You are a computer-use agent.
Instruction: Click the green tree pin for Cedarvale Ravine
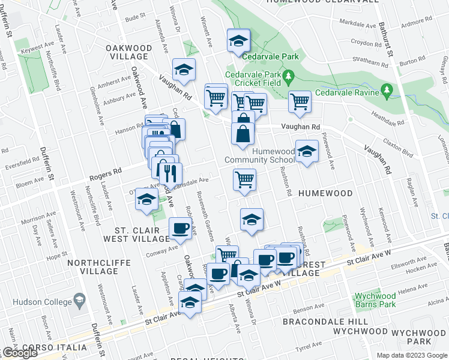click(387, 91)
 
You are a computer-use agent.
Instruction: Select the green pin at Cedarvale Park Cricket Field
click(288, 77)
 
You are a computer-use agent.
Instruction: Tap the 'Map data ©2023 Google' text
click(411, 355)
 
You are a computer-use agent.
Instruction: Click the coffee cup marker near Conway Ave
click(181, 228)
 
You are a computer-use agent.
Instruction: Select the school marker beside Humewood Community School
click(307, 153)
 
